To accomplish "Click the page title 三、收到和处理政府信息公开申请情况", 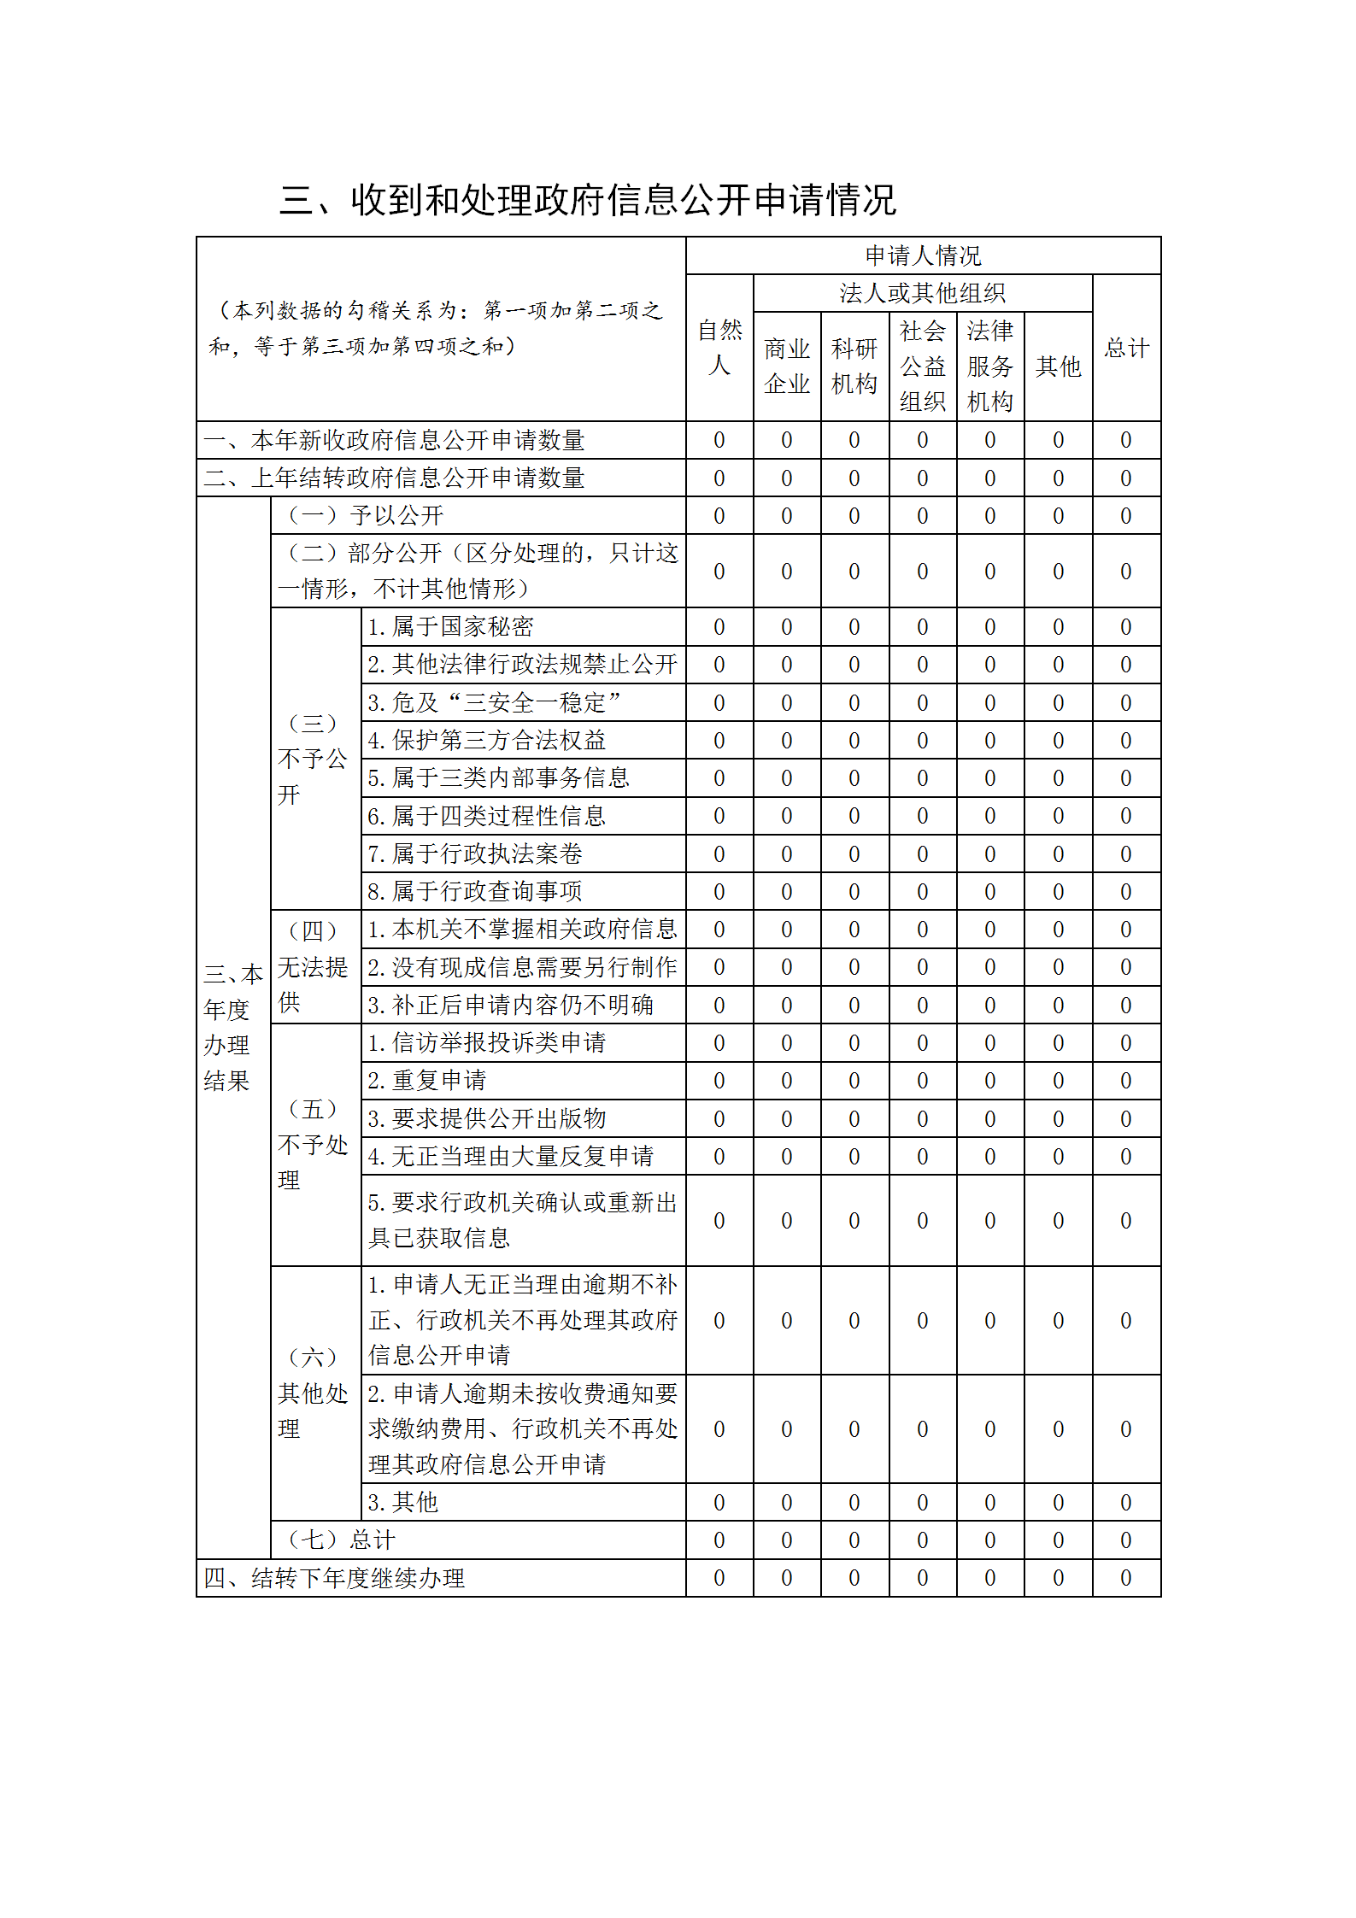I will tap(588, 200).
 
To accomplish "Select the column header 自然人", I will tap(719, 348).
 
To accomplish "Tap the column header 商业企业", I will tap(787, 367).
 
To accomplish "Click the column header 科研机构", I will tap(854, 367).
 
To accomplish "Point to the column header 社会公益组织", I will tap(923, 367).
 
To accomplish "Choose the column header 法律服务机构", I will tap(990, 367).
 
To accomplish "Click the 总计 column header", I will tap(1126, 348).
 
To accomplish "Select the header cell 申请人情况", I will tap(923, 255).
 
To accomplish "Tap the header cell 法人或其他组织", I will tap(923, 293).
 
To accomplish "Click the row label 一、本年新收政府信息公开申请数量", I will tap(394, 440).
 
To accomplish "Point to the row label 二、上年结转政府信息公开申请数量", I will tap(394, 478).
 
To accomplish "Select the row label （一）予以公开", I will tap(366, 515).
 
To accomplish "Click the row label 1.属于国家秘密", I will tap(450, 627).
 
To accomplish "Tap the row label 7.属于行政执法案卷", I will tap(475, 853).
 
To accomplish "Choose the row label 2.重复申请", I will tap(426, 1081).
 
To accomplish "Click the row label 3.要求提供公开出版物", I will tap(487, 1118).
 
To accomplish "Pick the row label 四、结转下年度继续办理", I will tap(334, 1578).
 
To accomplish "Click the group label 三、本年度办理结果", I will tap(232, 1027).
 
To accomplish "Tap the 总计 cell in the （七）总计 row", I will tap(1126, 1540).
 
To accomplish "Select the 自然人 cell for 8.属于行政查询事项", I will tap(719, 891).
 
